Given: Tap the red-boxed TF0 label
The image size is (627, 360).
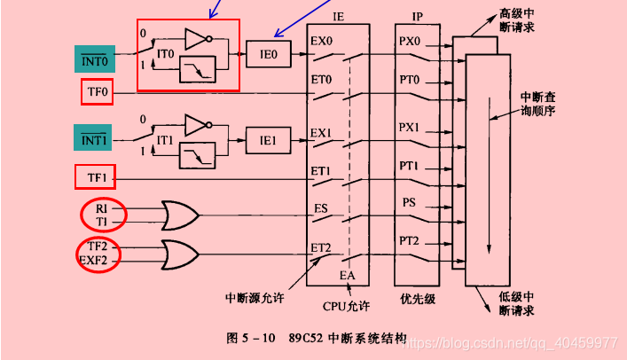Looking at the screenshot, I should tap(96, 91).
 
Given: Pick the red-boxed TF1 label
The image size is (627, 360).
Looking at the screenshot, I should tap(96, 178).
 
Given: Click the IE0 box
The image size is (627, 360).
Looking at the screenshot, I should tap(268, 54).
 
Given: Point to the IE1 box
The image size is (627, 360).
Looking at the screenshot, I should tap(268, 139).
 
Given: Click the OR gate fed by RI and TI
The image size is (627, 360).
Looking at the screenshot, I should tap(180, 215).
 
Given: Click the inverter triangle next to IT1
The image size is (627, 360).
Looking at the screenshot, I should tap(197, 125).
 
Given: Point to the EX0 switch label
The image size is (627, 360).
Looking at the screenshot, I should tap(320, 42).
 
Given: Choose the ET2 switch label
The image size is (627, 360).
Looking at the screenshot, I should tap(320, 249).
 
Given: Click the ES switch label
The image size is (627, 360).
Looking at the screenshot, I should tap(321, 209).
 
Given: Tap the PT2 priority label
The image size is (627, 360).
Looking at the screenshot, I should tap(409, 239).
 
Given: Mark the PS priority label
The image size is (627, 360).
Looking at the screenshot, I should tap(409, 202).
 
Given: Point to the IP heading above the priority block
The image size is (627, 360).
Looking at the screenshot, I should tap(418, 17).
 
